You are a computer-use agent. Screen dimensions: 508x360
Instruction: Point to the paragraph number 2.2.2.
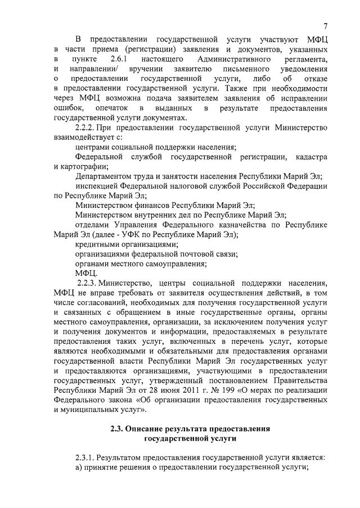[x=86, y=128]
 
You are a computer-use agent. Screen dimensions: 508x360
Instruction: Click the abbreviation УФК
[x=147, y=235]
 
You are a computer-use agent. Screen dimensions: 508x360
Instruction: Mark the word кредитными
[x=96, y=244]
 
